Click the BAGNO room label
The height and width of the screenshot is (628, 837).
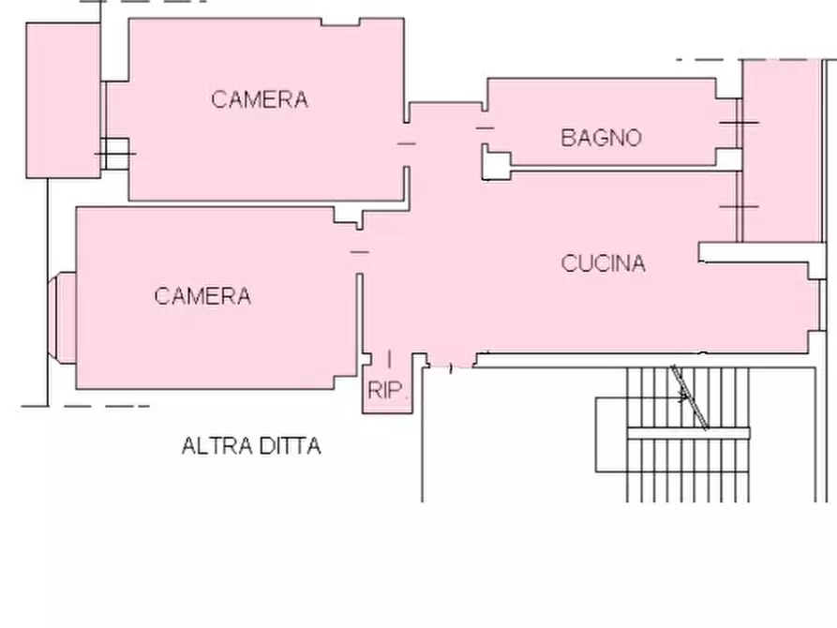(x=601, y=138)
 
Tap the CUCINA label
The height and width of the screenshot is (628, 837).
(x=604, y=263)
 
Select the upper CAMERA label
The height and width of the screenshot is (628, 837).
(x=260, y=99)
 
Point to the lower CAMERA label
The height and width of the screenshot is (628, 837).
(x=202, y=296)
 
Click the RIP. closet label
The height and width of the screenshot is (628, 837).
(x=388, y=390)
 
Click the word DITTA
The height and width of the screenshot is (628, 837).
(x=287, y=446)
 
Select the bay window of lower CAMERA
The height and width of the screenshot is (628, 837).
(x=62, y=318)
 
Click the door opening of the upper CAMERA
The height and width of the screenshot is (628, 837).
(x=406, y=143)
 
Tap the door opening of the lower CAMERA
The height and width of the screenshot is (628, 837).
(x=359, y=251)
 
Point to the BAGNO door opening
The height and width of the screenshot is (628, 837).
(x=485, y=128)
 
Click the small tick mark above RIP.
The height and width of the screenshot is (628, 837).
(x=389, y=359)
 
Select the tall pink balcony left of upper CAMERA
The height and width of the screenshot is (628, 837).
(x=63, y=100)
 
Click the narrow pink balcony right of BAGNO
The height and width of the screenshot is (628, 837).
(x=782, y=151)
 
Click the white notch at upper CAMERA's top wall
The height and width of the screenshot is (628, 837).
(x=340, y=22)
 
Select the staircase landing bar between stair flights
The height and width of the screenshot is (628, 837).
(x=689, y=433)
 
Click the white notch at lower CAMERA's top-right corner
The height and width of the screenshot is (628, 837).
(x=348, y=216)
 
